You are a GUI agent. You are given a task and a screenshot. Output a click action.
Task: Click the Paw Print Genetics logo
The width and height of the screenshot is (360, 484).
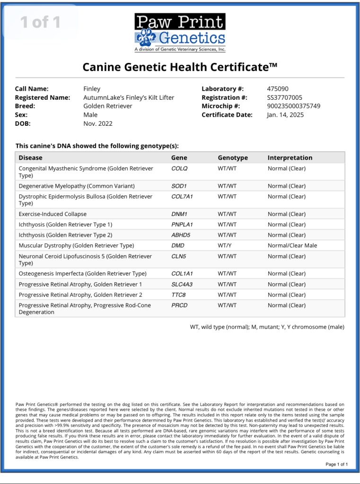coord(180,33)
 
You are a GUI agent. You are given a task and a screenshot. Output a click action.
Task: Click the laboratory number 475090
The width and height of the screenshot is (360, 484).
coord(278,88)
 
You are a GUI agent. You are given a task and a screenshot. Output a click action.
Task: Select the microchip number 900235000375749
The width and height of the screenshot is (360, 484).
coord(293,106)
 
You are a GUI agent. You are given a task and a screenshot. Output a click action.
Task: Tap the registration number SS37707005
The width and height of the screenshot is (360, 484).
coord(284,97)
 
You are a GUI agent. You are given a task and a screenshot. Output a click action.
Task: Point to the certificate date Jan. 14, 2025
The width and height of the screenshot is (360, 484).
coord(285,114)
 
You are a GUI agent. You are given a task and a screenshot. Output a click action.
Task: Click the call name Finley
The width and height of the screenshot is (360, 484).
coord(92,88)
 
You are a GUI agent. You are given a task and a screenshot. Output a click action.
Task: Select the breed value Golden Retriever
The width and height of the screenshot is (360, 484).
coord(108,106)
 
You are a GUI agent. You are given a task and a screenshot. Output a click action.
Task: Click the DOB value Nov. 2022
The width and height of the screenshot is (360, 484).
coord(98,123)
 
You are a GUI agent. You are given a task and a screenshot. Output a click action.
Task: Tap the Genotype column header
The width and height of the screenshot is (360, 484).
coord(232,158)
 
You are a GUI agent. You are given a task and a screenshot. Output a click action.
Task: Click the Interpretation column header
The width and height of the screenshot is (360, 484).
coord(290,158)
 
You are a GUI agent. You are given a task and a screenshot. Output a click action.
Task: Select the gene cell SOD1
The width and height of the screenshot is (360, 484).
coord(179,186)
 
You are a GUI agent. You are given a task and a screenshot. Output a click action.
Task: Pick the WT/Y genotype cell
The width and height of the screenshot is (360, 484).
coord(225,245)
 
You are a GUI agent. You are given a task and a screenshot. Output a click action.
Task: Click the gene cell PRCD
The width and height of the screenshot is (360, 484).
coord(179,305)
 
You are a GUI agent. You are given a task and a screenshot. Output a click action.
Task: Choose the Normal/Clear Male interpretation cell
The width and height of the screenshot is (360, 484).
coord(292,245)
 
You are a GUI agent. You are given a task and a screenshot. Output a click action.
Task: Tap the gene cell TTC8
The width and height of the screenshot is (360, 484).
coord(178,294)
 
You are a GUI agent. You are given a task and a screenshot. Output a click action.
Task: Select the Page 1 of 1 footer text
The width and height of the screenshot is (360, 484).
coord(336,464)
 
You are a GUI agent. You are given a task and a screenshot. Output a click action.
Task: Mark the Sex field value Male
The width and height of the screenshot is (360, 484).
coord(90,114)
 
